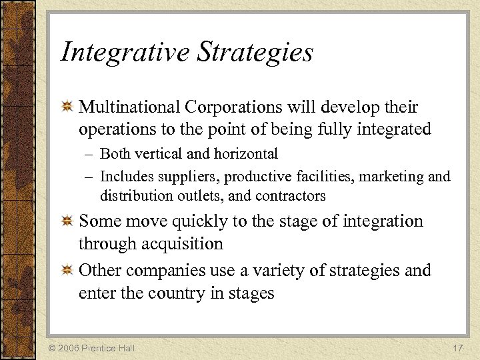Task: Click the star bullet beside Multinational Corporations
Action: pos(67,107)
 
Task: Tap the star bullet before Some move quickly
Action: pos(67,221)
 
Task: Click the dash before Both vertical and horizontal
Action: pos(90,155)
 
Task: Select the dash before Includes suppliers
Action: pos(90,177)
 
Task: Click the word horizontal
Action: pos(246,154)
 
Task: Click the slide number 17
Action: pos(457,347)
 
